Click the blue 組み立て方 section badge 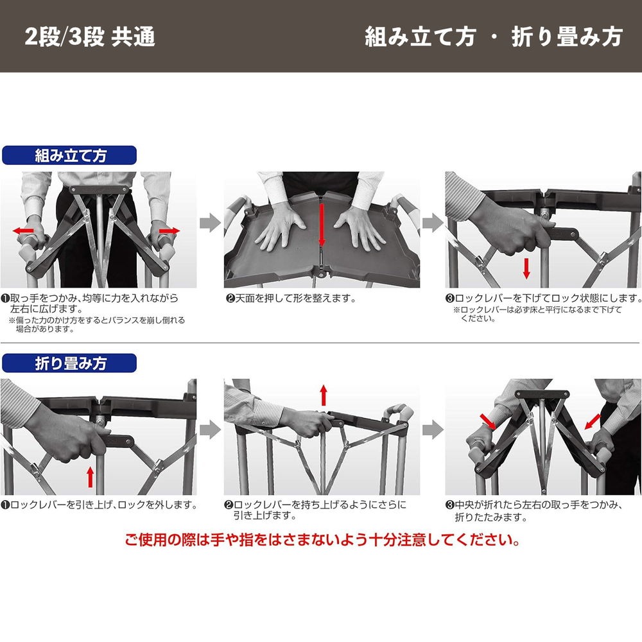point(69,155)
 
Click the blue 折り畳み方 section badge point(69,363)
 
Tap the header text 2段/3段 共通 point(90,37)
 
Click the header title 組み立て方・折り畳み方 point(494,37)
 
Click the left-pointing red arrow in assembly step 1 point(23,231)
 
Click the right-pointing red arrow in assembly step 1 point(169,231)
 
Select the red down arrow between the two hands point(322,225)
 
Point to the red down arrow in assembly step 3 point(526,269)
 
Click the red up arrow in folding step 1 point(91,478)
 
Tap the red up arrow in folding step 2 point(324,395)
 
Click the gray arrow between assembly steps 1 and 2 point(211,223)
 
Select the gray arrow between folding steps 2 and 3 point(433,430)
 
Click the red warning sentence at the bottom point(323,540)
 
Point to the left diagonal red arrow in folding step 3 point(488,422)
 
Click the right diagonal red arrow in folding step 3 point(593,421)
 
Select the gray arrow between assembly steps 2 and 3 point(433,223)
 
